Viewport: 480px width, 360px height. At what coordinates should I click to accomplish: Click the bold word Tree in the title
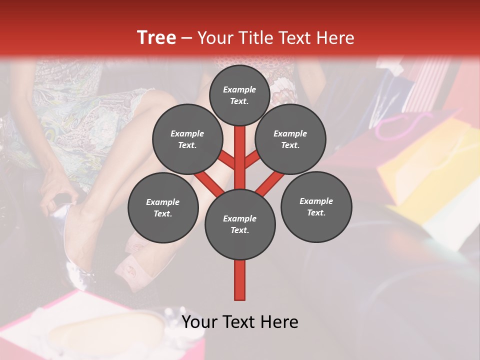point(156,38)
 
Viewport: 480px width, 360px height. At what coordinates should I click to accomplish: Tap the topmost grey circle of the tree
point(239,95)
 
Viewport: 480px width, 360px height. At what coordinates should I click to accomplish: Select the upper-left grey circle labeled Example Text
point(187,139)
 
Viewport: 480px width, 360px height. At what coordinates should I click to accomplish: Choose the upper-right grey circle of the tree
point(290,139)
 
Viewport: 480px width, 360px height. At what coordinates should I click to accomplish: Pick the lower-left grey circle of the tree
point(162,207)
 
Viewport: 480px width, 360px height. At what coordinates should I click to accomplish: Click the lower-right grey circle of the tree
point(316,206)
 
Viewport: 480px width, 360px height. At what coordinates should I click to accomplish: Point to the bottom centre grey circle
point(239,224)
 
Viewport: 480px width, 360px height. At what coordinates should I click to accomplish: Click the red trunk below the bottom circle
point(239,280)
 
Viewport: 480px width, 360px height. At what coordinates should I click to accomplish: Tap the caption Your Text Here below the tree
point(239,322)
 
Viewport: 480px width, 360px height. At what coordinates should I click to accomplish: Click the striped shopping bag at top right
point(430,80)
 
